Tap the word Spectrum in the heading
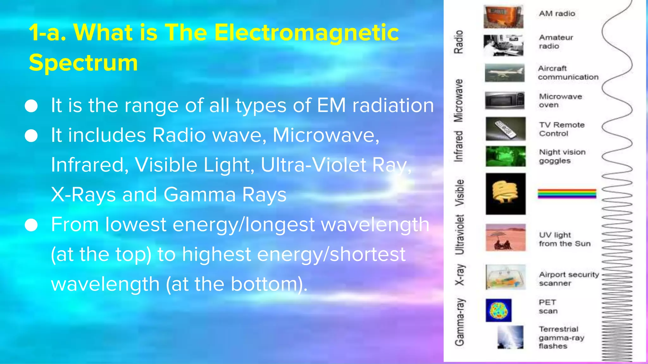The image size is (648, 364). pyautogui.click(x=83, y=63)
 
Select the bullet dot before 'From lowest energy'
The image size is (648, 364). pyautogui.click(x=31, y=225)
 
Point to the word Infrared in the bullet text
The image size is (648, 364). pyautogui.click(x=87, y=165)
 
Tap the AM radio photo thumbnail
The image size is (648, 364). pyautogui.click(x=503, y=17)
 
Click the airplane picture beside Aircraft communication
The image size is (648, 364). pyautogui.click(x=504, y=73)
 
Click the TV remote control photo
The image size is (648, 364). pyautogui.click(x=505, y=129)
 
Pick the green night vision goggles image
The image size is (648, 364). pyautogui.click(x=505, y=156)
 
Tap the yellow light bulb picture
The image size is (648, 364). pyautogui.click(x=505, y=194)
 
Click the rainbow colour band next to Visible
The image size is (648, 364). pyautogui.click(x=567, y=193)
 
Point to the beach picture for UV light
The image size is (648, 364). pyautogui.click(x=505, y=238)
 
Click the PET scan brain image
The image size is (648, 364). pyautogui.click(x=498, y=310)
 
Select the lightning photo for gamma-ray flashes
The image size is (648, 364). pyautogui.click(x=510, y=337)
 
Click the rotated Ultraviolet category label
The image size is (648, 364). pyautogui.click(x=459, y=234)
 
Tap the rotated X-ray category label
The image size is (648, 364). pyautogui.click(x=459, y=275)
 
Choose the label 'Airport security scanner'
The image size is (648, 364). pyautogui.click(x=569, y=279)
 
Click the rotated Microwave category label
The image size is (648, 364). pyautogui.click(x=458, y=100)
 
